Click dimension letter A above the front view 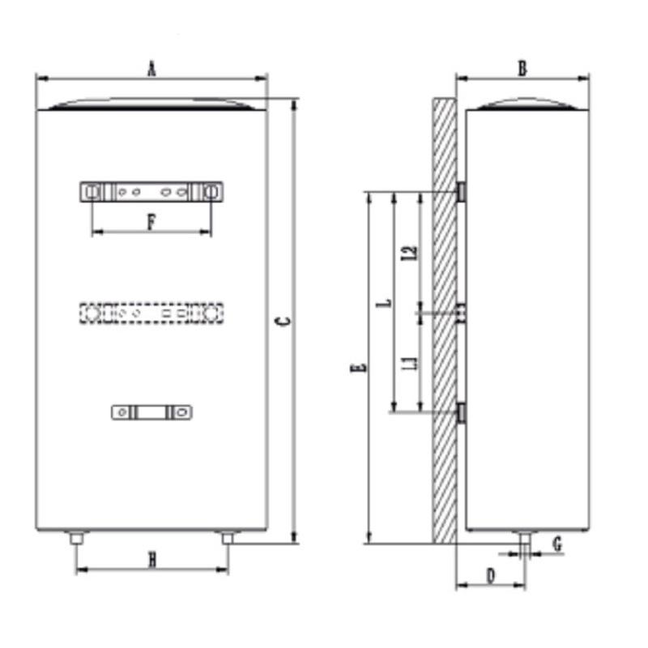(x=151, y=69)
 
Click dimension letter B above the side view (x=522, y=69)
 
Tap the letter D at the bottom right (x=491, y=575)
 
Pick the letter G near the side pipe (x=557, y=544)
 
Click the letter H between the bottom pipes (x=151, y=558)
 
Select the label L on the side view (x=386, y=302)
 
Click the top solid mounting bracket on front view (x=151, y=192)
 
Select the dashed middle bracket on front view (x=151, y=312)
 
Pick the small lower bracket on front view (x=151, y=412)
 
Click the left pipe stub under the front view (x=76, y=538)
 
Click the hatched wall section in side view (x=444, y=324)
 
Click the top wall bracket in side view (x=460, y=192)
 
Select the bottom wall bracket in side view (x=460, y=412)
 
